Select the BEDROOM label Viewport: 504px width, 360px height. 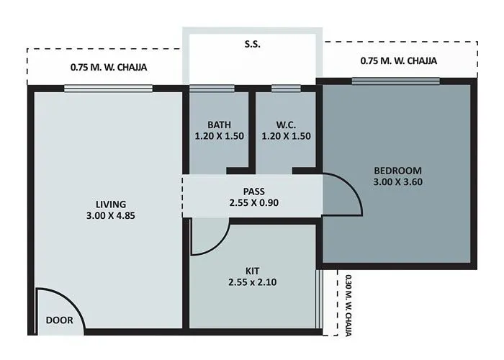[x=397, y=171]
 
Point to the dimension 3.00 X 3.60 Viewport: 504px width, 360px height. [x=397, y=182]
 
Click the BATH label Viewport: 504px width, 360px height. [x=218, y=124]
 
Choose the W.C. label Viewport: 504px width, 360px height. [x=286, y=124]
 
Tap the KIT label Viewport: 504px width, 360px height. [x=252, y=271]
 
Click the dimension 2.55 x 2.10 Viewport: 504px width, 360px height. [x=252, y=282]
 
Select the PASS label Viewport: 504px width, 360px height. [x=253, y=192]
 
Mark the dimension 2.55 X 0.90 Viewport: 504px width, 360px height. [x=253, y=203]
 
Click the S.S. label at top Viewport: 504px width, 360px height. [x=252, y=45]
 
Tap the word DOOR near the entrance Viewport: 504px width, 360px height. [x=59, y=320]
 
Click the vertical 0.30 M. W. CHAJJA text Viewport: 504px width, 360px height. [x=348, y=305]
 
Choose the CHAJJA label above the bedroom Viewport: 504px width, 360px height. [x=398, y=61]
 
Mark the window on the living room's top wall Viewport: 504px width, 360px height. [x=108, y=89]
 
